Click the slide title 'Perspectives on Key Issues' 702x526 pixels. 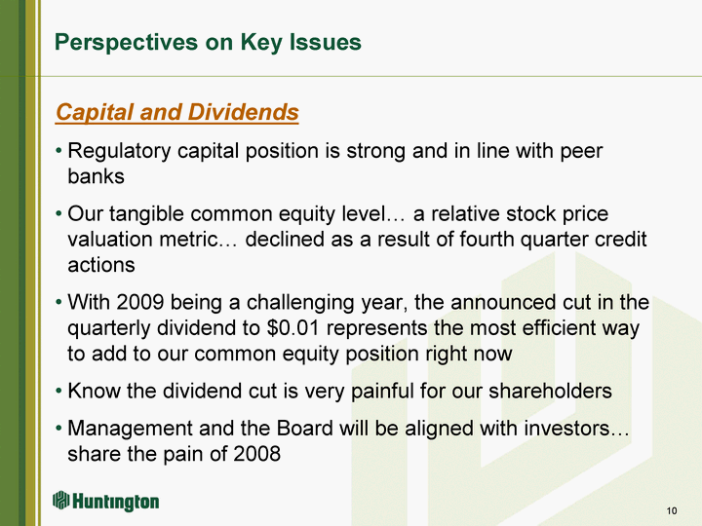click(x=208, y=43)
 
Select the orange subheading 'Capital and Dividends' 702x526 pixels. click(x=177, y=112)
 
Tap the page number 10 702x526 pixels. click(x=672, y=510)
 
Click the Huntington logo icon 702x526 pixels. click(x=60, y=500)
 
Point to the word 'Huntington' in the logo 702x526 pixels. click(x=115, y=502)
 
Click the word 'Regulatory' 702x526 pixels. click(x=119, y=151)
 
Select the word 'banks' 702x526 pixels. click(x=96, y=175)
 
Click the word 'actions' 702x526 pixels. click(x=101, y=265)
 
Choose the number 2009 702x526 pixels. click(x=140, y=302)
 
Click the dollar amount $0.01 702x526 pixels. click(x=292, y=328)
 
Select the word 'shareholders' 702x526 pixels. click(x=550, y=391)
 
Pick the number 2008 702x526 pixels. click(x=257, y=454)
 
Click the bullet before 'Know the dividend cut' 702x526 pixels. click(x=59, y=392)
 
